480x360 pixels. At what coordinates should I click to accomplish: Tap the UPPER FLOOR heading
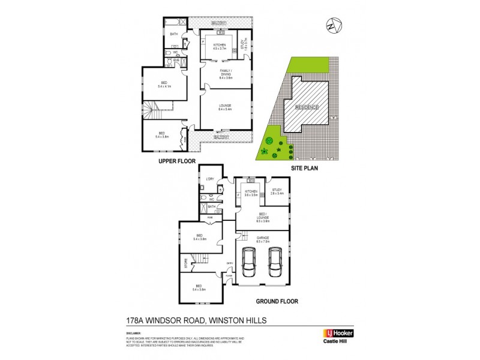178,162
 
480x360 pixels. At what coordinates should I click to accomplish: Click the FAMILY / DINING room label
225,74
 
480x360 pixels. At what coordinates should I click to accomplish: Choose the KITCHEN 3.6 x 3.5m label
250,193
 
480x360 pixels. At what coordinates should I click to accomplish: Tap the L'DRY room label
210,179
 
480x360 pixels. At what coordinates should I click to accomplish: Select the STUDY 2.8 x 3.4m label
277,193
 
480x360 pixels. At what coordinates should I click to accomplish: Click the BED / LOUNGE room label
262,218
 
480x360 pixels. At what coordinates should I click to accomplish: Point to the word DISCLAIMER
133,332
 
